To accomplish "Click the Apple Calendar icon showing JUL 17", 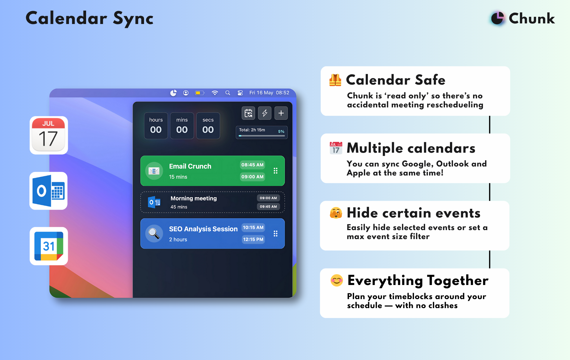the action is click(x=49, y=135).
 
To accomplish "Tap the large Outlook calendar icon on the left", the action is click(x=49, y=191).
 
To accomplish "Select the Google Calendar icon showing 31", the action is click(x=49, y=246).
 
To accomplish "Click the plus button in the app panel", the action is click(x=281, y=113).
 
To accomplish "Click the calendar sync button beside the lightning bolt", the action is click(x=248, y=113).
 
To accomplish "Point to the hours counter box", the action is click(x=156, y=126).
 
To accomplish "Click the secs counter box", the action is click(x=208, y=126).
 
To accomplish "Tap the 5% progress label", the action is click(x=281, y=131).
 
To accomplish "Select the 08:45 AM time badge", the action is click(x=253, y=165).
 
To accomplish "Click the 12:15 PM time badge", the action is click(x=253, y=239).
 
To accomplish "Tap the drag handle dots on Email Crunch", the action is click(x=275, y=171).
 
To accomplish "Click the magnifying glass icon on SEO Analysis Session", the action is click(x=154, y=233).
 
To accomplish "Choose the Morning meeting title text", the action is click(x=193, y=198).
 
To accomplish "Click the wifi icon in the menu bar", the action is click(x=215, y=93).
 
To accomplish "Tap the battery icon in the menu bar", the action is click(x=200, y=93).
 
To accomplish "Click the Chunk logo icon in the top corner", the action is click(x=497, y=18).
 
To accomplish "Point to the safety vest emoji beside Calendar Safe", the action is click(x=335, y=80).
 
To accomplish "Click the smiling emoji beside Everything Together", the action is click(x=337, y=280).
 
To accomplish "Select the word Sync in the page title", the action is click(x=133, y=19).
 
